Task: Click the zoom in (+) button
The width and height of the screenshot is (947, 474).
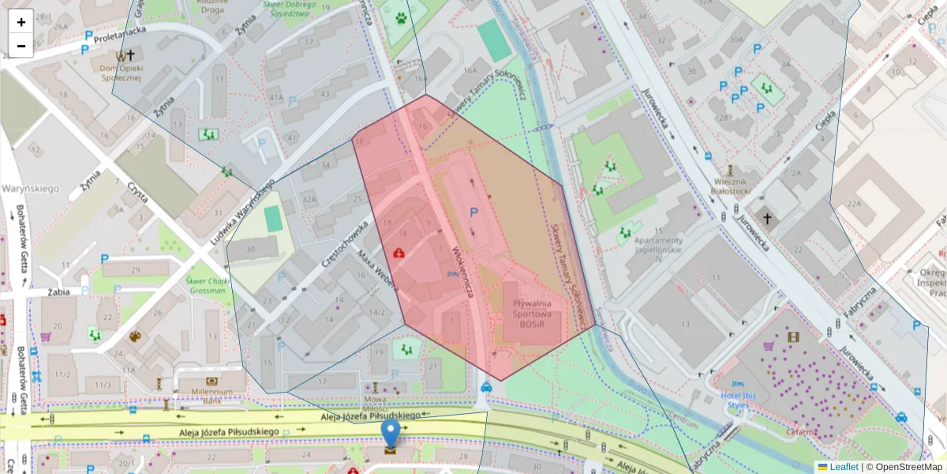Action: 21,22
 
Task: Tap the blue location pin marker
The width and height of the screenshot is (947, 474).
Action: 391,433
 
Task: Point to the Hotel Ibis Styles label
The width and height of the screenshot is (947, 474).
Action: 737,401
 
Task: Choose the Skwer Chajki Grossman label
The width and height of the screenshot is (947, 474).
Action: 207,285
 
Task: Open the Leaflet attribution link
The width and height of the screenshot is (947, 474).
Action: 843,467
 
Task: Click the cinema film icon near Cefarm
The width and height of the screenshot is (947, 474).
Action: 793,337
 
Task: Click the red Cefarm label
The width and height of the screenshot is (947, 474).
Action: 800,432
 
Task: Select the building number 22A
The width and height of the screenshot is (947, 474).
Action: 853,203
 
